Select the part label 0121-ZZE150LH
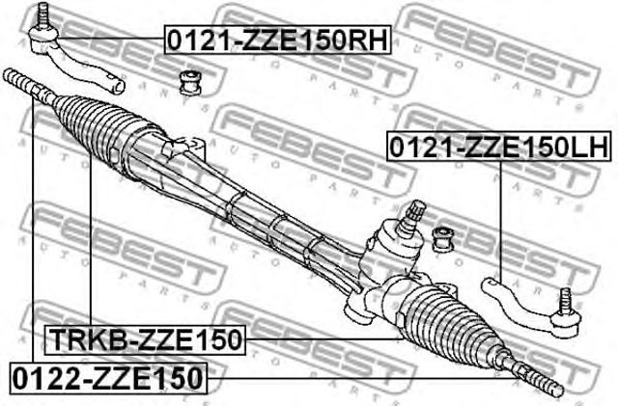click(x=498, y=147)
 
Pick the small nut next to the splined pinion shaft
click(x=445, y=235)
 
